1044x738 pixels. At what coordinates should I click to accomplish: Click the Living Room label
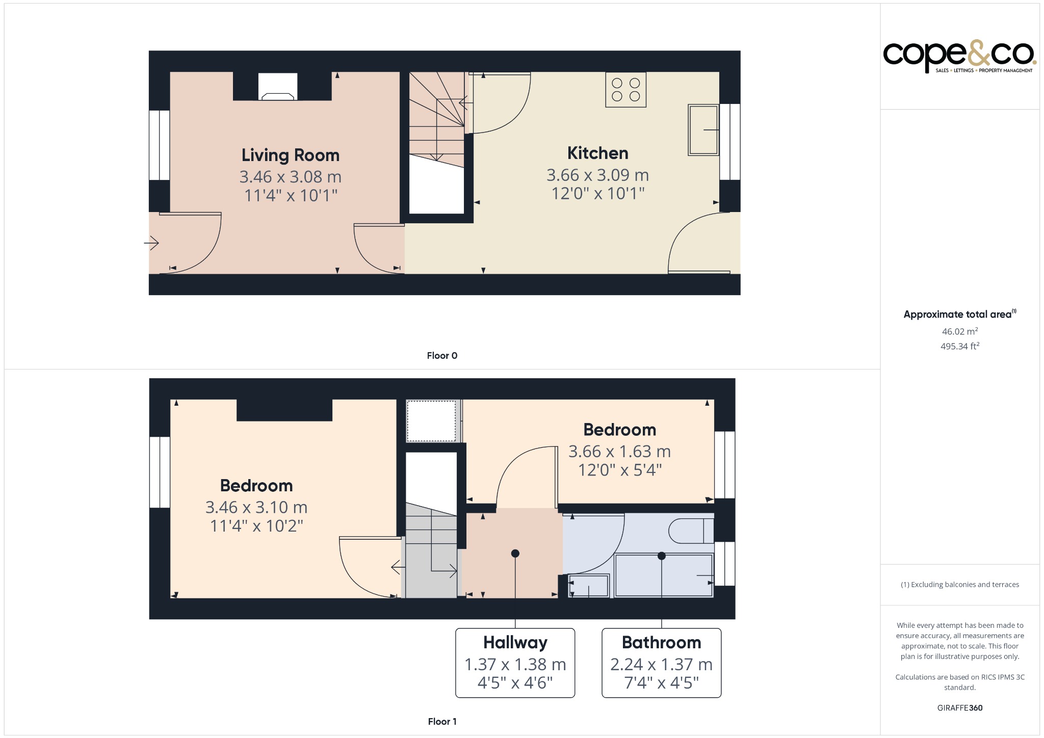point(290,155)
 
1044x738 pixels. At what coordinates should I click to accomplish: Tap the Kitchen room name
point(597,153)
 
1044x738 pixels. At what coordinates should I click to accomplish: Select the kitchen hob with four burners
point(625,90)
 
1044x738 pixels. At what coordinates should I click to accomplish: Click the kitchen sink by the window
point(703,130)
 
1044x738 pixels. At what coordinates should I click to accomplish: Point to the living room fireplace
point(278,87)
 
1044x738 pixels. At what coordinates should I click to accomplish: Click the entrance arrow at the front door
point(152,243)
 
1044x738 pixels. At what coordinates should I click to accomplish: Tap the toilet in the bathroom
point(691,531)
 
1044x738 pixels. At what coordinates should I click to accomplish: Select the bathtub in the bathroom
point(663,575)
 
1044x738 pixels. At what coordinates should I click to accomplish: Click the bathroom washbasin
point(588,586)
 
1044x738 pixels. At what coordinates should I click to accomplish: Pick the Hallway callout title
point(515,642)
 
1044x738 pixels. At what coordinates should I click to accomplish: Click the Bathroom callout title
point(661,642)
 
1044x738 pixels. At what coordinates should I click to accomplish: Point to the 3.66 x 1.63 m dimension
point(619,452)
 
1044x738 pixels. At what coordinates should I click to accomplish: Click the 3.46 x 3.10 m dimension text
point(256,507)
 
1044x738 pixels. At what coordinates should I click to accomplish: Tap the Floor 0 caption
point(442,356)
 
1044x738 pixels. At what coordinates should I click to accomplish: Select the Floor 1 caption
point(442,721)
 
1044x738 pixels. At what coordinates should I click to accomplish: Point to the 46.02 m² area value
point(959,331)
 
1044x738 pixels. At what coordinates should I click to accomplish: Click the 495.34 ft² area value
point(959,346)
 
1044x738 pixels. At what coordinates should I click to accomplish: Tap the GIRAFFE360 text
point(959,707)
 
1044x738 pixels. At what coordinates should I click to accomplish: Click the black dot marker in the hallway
point(515,553)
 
